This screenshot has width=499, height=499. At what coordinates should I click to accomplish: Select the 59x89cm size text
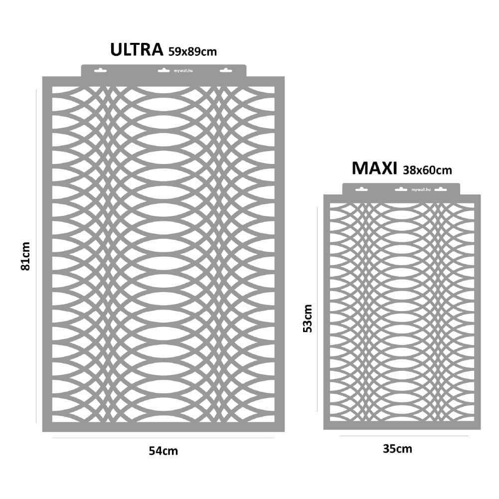click(192, 51)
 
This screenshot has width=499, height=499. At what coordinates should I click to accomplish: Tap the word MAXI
click(374, 168)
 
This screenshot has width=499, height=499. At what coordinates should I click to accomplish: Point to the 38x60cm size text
click(427, 170)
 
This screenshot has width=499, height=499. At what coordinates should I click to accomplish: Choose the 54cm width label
click(164, 451)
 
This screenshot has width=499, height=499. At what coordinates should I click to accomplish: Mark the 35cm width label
click(397, 449)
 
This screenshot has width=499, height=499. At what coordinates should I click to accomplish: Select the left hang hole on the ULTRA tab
click(100, 70)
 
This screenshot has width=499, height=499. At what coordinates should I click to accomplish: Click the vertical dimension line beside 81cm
click(36, 256)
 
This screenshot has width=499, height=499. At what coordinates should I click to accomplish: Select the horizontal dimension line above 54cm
click(164, 438)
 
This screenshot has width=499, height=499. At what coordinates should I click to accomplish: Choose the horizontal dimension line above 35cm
click(404, 436)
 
